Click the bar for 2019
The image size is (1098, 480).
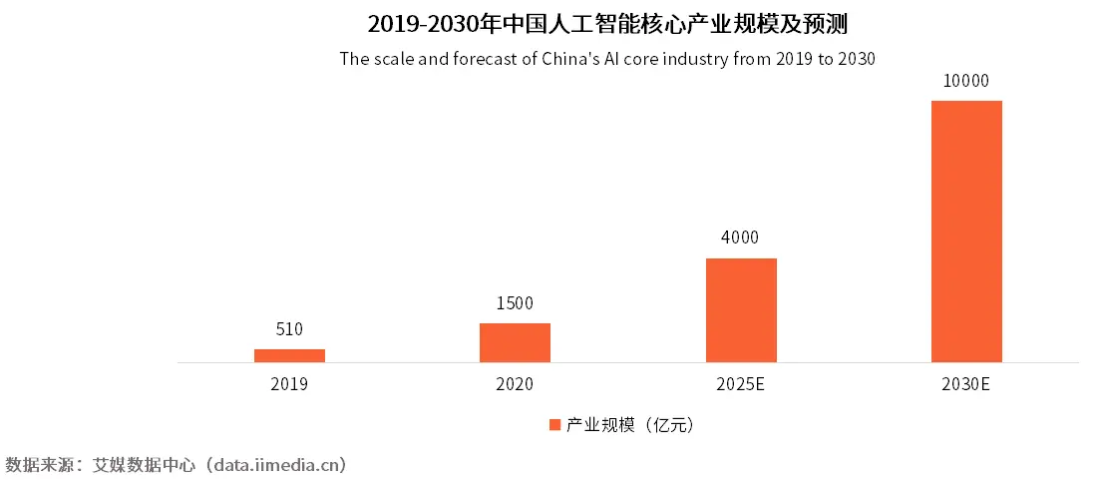pyautogui.click(x=289, y=355)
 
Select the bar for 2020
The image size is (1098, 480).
pyautogui.click(x=515, y=342)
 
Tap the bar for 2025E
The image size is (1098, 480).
pyautogui.click(x=741, y=310)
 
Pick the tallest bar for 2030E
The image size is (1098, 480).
pyautogui.click(x=966, y=232)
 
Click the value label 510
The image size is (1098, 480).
pyautogui.click(x=289, y=329)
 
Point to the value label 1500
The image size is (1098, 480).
pyautogui.click(x=515, y=303)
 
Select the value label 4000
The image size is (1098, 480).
pyautogui.click(x=741, y=239)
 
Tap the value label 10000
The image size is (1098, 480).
pyautogui.click(x=966, y=81)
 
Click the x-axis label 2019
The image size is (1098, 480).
pyautogui.click(x=289, y=384)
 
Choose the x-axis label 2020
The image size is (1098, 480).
pyautogui.click(x=515, y=384)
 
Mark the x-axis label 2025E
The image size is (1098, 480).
pyautogui.click(x=741, y=384)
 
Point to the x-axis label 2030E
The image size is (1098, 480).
pyautogui.click(x=966, y=384)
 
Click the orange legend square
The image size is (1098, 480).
pyautogui.click(x=554, y=425)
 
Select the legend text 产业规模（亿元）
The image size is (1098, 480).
pyautogui.click(x=629, y=425)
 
